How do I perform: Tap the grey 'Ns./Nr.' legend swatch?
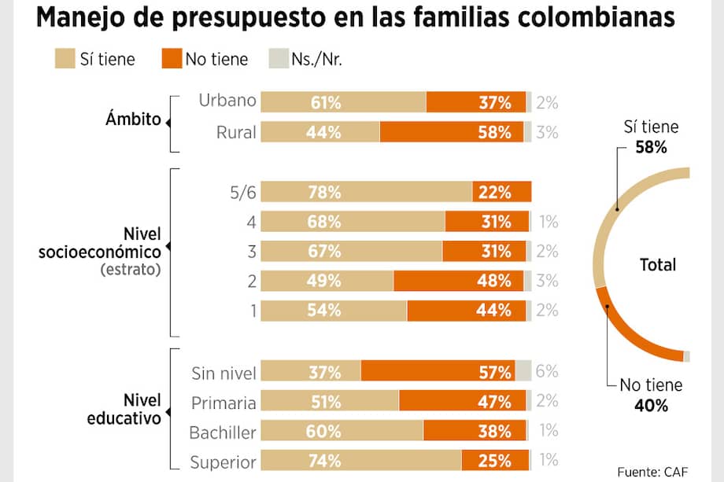[279, 58]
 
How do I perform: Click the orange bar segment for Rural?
[452, 132]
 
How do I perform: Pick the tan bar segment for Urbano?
[343, 102]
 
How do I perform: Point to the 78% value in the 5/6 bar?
[325, 192]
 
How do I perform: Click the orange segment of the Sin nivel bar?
[438, 371]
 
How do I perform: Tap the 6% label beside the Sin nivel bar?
[547, 371]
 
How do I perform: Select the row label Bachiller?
[223, 432]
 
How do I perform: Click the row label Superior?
[223, 462]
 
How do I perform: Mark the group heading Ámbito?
[134, 120]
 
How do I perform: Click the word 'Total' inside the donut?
[658, 265]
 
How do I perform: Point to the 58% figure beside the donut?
[651, 145]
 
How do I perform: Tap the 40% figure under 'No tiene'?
[651, 406]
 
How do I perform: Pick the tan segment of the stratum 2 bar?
[327, 281]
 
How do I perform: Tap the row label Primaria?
[223, 402]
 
